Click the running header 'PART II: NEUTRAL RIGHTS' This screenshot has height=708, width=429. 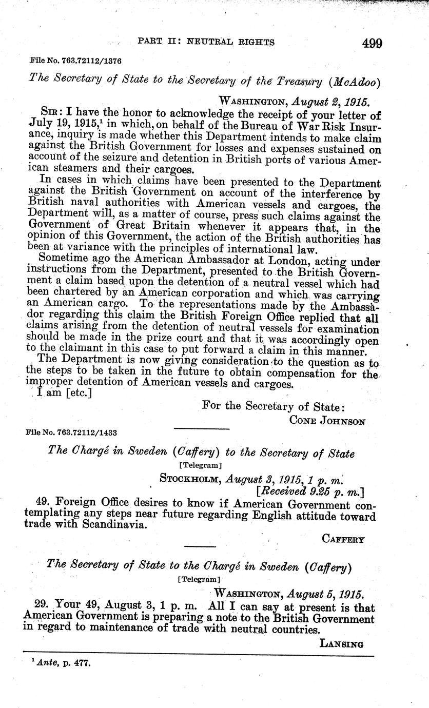[206, 42]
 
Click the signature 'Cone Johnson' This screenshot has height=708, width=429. [327, 421]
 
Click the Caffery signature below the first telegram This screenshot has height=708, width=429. [343, 539]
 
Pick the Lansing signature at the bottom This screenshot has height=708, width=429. [341, 644]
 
